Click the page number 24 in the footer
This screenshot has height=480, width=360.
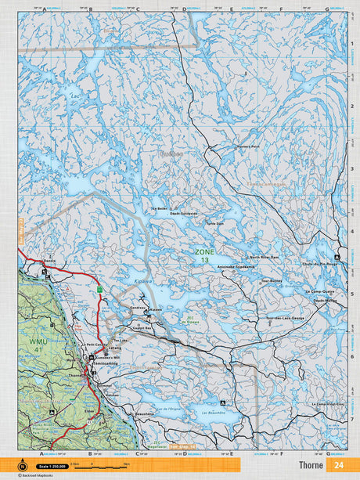tap(338, 464)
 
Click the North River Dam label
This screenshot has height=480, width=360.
tap(265, 256)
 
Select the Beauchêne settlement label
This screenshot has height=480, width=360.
tap(145, 413)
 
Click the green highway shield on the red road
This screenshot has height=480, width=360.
tap(99, 290)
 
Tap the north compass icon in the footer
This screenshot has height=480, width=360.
tap(32, 465)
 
